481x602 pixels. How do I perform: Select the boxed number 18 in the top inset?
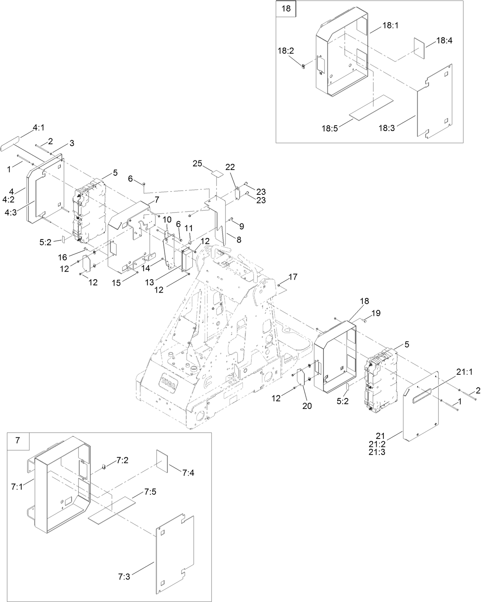(286, 8)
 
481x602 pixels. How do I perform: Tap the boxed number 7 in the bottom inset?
(18, 440)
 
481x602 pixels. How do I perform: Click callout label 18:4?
(444, 40)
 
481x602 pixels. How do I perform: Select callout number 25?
(197, 163)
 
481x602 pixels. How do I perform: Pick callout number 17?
(293, 277)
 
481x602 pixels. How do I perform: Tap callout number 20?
(307, 406)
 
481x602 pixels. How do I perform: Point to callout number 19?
(376, 313)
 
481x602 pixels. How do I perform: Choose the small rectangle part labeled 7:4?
(162, 460)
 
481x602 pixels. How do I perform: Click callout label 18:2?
(286, 51)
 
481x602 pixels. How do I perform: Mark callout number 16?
(62, 257)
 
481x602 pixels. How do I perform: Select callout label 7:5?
(150, 492)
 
